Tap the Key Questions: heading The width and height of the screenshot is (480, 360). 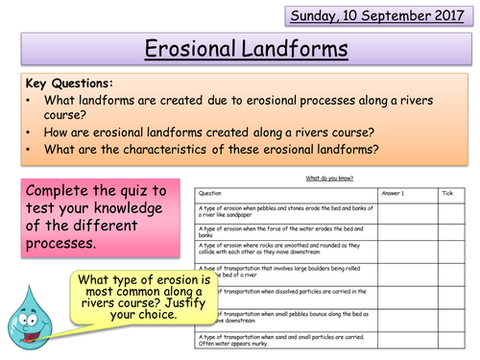tap(61, 84)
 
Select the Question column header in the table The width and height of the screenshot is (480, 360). tap(210, 192)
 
